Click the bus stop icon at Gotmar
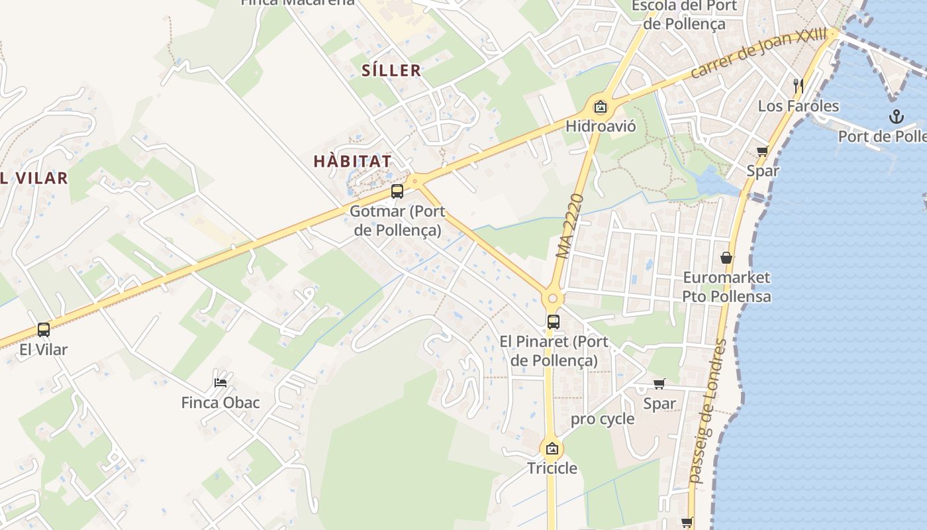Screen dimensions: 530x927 397,191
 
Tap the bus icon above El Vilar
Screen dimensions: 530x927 44,329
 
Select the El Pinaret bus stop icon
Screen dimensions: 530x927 553,322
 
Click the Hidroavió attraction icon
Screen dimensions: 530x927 600,106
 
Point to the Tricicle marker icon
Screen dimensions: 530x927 552,449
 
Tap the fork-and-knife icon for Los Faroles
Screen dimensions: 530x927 799,85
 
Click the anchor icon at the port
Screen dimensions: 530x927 896,117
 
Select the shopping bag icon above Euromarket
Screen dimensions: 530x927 726,257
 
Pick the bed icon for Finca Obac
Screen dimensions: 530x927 220,382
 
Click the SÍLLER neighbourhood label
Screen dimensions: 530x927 391,70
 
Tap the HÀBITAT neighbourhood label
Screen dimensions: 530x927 353,161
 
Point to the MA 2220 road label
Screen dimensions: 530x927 570,226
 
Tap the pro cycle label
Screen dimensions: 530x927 603,419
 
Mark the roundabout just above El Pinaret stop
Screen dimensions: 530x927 553,298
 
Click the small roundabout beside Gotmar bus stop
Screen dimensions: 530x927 415,180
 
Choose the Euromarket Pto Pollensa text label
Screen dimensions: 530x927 726,286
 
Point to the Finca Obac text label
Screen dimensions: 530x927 220,403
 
